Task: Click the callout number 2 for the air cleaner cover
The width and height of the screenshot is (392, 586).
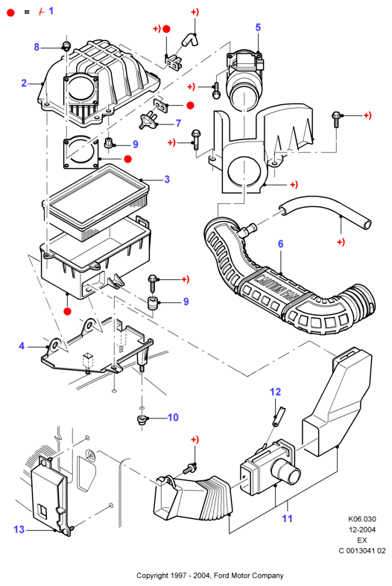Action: click(x=24, y=83)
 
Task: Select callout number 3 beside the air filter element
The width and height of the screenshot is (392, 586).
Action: click(x=167, y=179)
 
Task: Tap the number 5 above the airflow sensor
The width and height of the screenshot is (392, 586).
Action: click(x=258, y=28)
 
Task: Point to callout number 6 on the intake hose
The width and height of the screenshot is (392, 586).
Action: click(x=280, y=244)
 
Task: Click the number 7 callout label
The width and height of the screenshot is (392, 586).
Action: click(x=178, y=123)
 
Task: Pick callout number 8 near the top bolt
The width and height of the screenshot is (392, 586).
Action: click(x=37, y=47)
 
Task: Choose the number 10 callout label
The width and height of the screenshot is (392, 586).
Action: click(x=173, y=417)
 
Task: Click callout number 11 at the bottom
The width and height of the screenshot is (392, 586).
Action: click(x=287, y=518)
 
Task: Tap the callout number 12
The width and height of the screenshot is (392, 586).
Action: click(x=275, y=392)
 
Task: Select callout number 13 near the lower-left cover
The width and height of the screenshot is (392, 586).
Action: click(x=19, y=529)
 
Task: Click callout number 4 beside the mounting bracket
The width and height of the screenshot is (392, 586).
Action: click(x=22, y=346)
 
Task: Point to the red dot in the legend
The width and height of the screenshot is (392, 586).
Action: click(x=11, y=13)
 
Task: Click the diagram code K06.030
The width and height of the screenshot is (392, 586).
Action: click(x=362, y=519)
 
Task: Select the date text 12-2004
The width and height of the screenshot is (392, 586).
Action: click(x=362, y=529)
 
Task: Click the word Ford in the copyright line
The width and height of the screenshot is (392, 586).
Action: click(x=221, y=575)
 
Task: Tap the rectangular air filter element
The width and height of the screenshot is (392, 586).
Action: click(x=95, y=199)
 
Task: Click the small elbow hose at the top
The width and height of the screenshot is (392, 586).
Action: click(x=190, y=39)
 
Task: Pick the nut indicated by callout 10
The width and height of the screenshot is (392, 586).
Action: click(x=142, y=419)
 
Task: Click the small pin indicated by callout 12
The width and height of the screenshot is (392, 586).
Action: click(x=278, y=415)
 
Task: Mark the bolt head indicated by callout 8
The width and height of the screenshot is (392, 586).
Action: click(x=66, y=46)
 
